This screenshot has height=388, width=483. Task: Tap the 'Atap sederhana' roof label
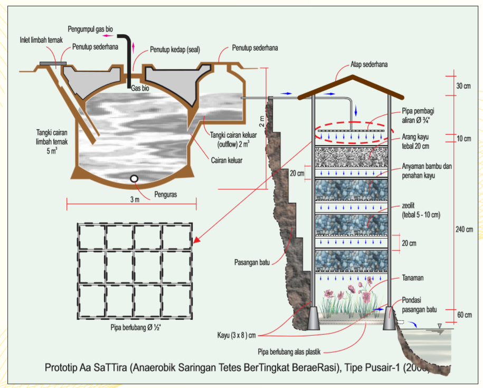(370, 65)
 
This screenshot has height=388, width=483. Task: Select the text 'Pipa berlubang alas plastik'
(290, 351)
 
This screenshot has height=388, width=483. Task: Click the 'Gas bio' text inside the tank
(140, 89)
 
